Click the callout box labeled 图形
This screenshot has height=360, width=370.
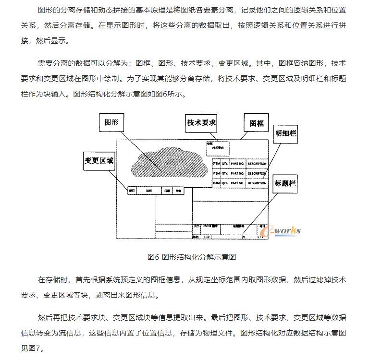(x=111, y=122)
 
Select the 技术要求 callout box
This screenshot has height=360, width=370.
(x=201, y=123)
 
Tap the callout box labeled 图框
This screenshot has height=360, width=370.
(x=257, y=123)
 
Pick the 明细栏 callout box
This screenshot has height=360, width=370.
(x=285, y=134)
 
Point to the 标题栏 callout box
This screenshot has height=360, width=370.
(x=285, y=183)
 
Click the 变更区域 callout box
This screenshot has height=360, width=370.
(x=99, y=161)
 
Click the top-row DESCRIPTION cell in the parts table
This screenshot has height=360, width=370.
(x=257, y=164)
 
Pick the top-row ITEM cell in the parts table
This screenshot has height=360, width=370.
(x=216, y=164)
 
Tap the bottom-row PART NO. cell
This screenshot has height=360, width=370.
(x=237, y=183)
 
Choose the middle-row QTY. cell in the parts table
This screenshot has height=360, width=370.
(x=225, y=173)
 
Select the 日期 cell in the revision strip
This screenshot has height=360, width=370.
(x=167, y=191)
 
